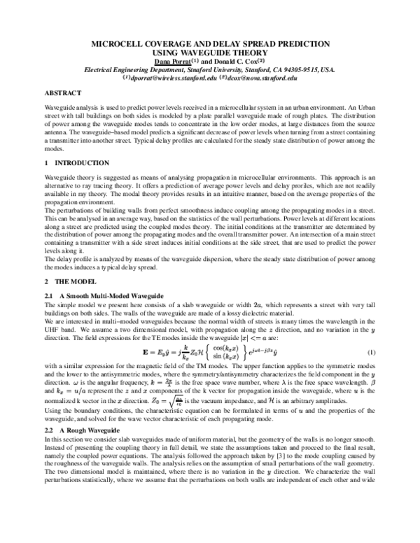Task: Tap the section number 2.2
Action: pyautogui.click(x=49, y=428)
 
